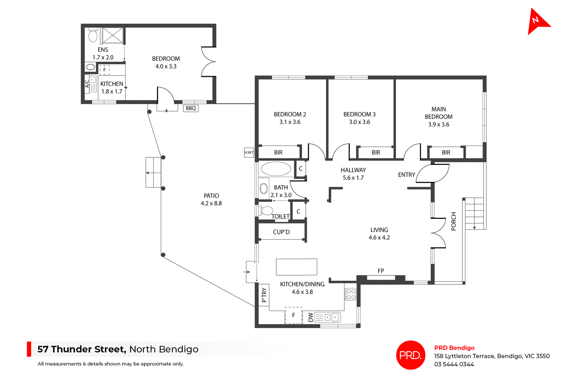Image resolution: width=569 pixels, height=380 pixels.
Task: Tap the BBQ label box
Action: [191, 108]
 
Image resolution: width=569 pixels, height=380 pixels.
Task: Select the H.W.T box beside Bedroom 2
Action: [249, 152]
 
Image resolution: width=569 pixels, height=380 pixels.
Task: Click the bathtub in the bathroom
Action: [276, 169]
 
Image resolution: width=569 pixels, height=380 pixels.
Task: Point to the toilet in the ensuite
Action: [93, 35]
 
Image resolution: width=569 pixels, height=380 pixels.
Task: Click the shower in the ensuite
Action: [113, 36]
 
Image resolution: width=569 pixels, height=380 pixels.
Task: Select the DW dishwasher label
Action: [310, 317]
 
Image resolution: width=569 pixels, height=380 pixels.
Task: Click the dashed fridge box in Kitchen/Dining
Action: [293, 315]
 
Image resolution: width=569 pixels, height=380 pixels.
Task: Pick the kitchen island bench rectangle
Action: [296, 267]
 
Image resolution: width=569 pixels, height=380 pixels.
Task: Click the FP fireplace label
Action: [381, 271]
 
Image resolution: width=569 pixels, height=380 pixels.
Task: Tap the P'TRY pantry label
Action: [264, 295]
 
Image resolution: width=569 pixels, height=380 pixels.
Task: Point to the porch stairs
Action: [474, 214]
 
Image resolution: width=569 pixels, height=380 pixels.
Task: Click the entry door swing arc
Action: [434, 174]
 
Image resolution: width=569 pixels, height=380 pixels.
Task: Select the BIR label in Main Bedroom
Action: [446, 152]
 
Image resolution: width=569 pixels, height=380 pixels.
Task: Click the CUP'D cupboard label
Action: [281, 232]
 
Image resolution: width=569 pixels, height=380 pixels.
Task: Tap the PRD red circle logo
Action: [410, 355]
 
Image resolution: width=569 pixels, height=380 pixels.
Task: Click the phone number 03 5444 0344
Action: [454, 364]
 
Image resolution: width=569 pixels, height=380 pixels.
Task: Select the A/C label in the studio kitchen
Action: [87, 84]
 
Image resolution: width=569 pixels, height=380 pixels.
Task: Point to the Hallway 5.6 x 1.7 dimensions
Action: [353, 178]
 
